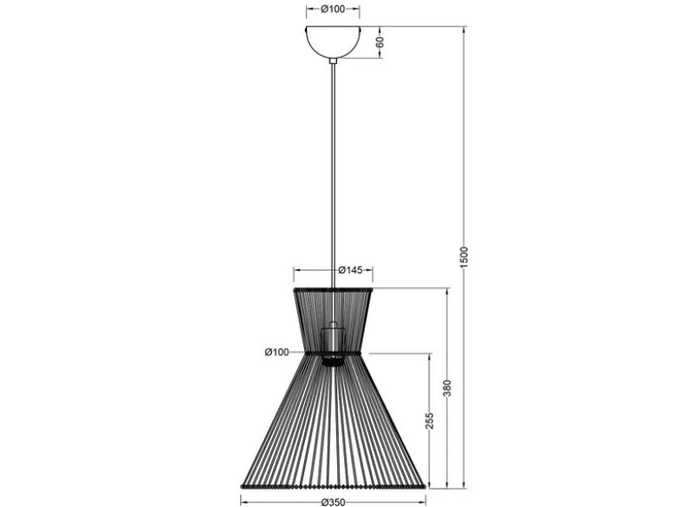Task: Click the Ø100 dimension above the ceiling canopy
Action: pyautogui.click(x=333, y=9)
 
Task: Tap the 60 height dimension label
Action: pyautogui.click(x=380, y=42)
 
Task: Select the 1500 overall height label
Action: pyautogui.click(x=464, y=257)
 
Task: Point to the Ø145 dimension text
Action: pyautogui.click(x=350, y=270)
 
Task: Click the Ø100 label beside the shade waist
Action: pyautogui.click(x=276, y=352)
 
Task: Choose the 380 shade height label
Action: pyautogui.click(x=447, y=388)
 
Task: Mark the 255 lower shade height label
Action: pyautogui.click(x=429, y=421)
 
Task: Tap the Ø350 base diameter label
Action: pyautogui.click(x=334, y=503)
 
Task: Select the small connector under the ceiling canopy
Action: pyautogui.click(x=333, y=61)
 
